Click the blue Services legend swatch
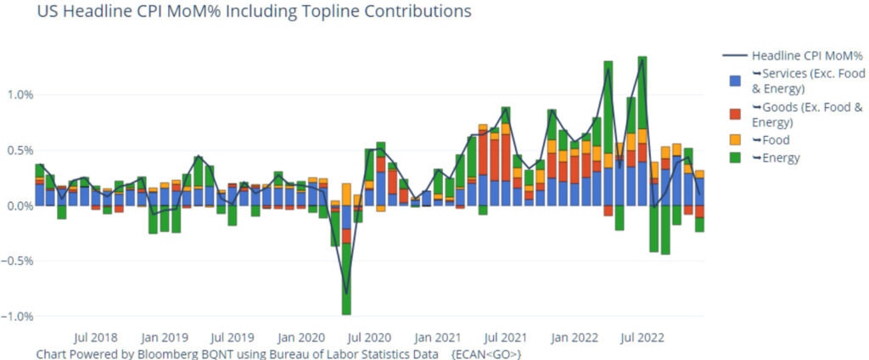click(736, 82)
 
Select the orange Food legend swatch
click(736, 140)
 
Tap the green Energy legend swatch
click(736, 157)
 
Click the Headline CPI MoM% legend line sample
click(736, 56)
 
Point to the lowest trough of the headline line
click(346, 293)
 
